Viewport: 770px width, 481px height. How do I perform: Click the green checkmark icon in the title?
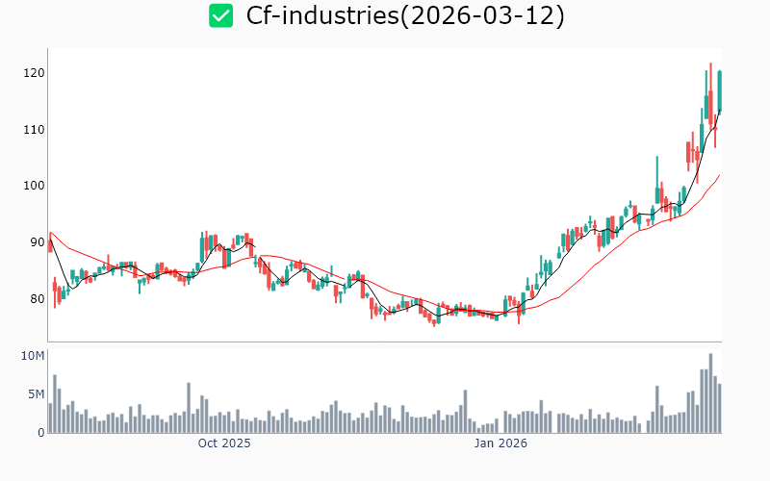(x=221, y=15)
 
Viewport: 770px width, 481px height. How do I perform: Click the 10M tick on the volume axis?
(x=32, y=356)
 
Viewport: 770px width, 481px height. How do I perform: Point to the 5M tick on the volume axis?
(x=35, y=394)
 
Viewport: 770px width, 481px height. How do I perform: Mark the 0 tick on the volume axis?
(x=40, y=433)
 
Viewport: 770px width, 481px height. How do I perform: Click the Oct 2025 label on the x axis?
(x=224, y=443)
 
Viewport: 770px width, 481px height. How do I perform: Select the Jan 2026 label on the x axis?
(x=501, y=443)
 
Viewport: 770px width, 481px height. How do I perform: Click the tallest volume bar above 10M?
(x=711, y=393)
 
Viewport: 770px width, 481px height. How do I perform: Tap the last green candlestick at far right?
(x=720, y=91)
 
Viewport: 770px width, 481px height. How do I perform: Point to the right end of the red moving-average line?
(x=720, y=175)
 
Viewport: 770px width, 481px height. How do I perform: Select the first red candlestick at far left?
(x=50, y=244)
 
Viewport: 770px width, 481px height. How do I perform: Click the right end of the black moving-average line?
(x=720, y=110)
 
